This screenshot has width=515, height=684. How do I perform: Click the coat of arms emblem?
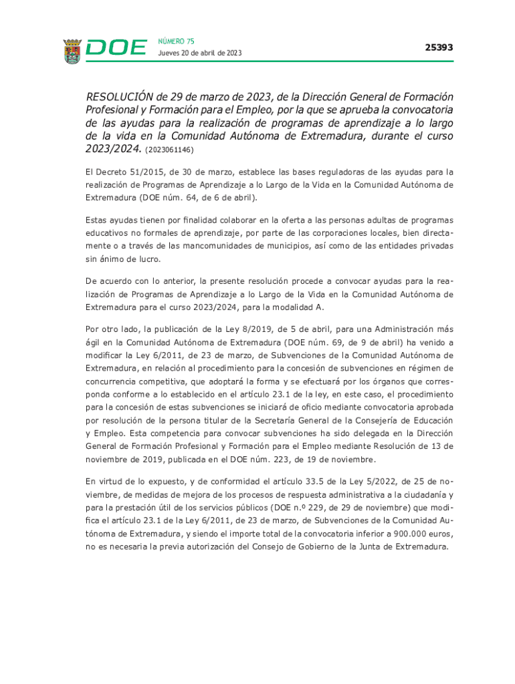click(x=72, y=51)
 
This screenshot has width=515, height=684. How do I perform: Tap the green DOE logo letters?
click(x=117, y=48)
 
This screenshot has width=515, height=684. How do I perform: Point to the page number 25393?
click(x=439, y=47)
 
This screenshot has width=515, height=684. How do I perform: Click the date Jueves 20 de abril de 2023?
click(x=200, y=53)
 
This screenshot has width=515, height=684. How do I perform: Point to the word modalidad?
click(x=290, y=307)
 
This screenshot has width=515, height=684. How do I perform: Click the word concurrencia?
click(x=113, y=381)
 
